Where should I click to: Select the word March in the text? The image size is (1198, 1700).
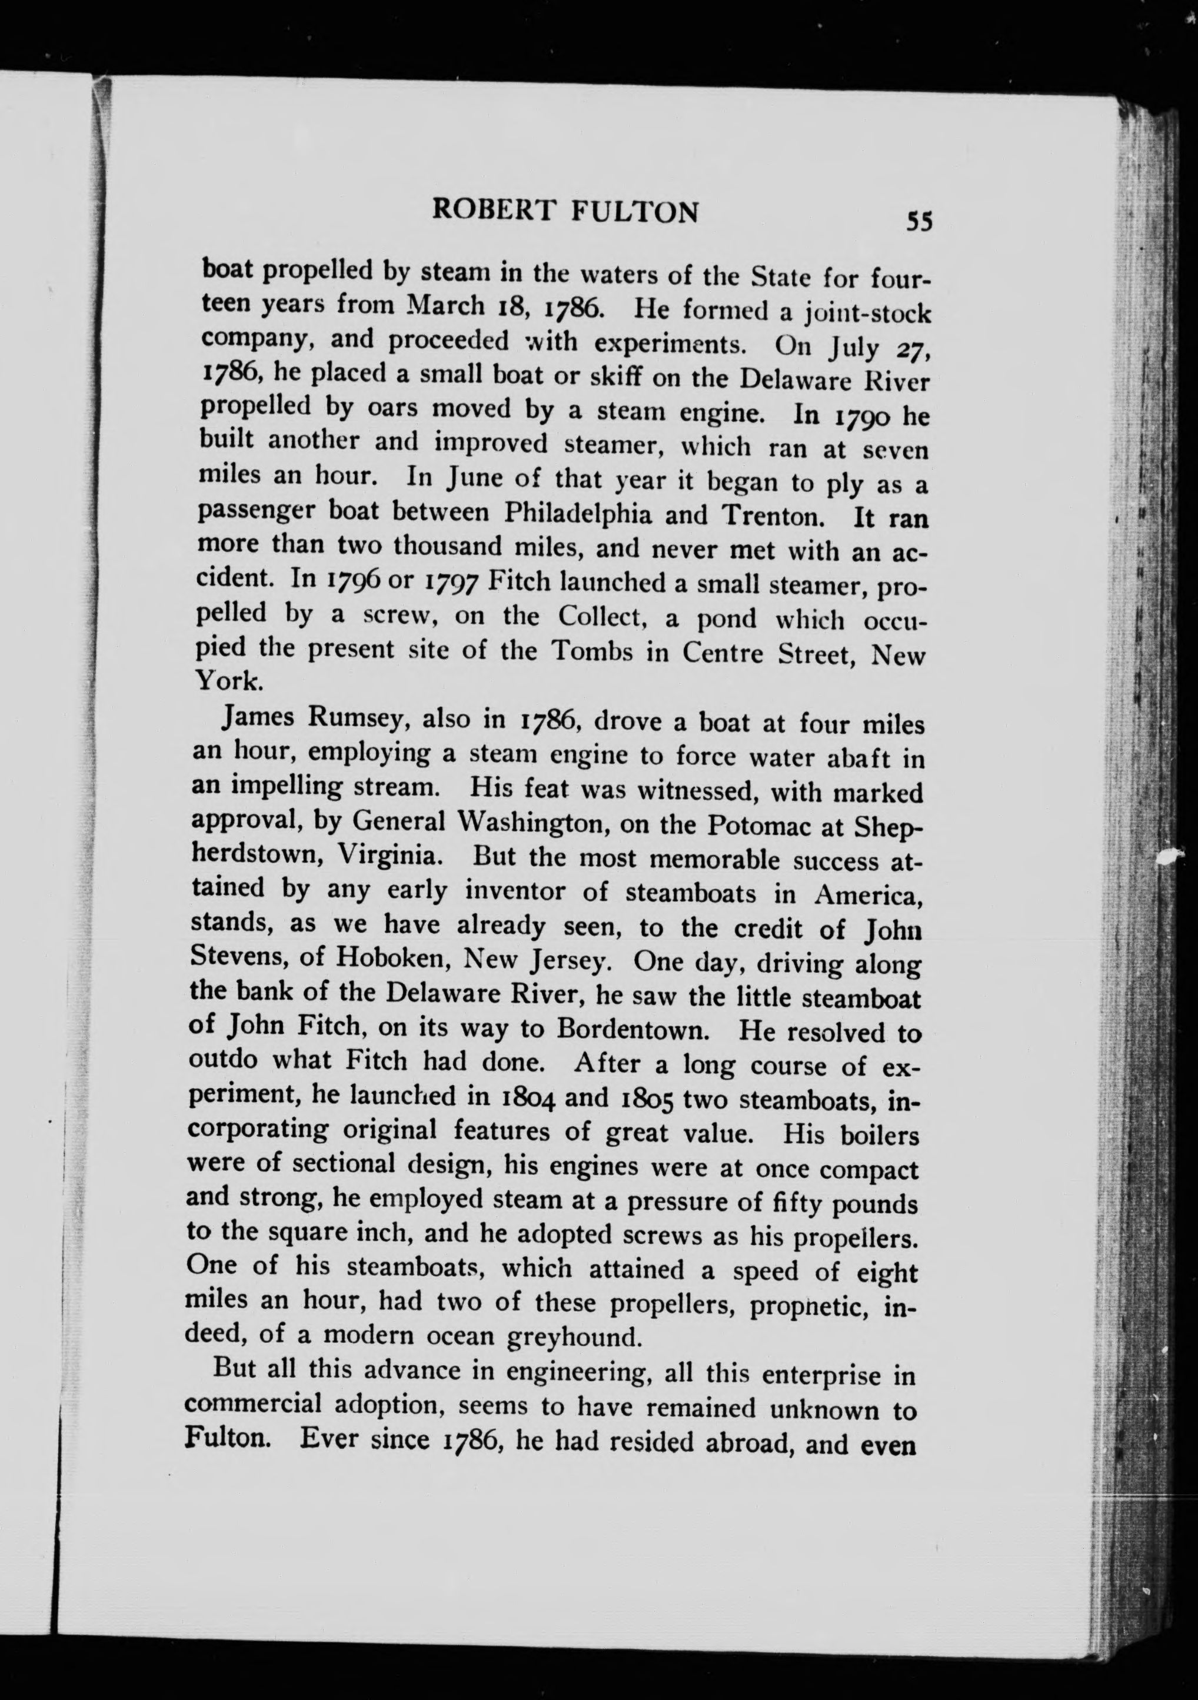click(x=444, y=304)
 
